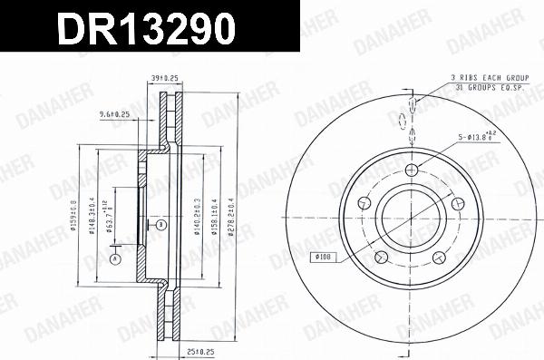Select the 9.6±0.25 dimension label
pos(114,114)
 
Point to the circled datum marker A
pos(115,259)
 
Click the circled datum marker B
pos(160,223)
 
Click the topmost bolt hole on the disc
pos(413,170)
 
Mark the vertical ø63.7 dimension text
pos(110,218)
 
